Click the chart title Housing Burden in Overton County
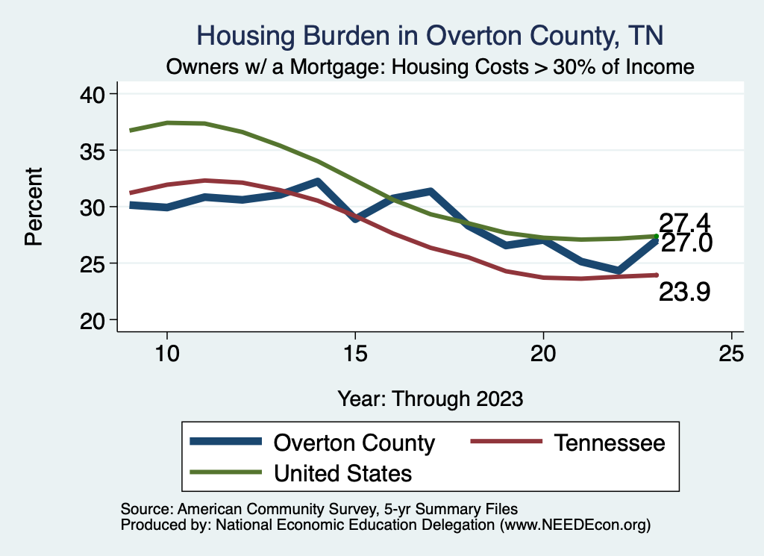click(x=429, y=35)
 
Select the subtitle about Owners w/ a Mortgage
click(x=430, y=66)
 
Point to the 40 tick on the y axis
click(x=95, y=94)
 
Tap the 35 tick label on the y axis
click(x=95, y=151)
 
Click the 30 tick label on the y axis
click(x=95, y=207)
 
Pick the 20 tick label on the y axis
click(x=95, y=320)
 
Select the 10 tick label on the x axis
click(x=166, y=353)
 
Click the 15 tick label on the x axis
click(x=355, y=353)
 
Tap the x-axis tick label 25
click(x=731, y=353)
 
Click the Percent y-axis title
click(x=34, y=207)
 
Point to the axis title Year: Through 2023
click(x=430, y=398)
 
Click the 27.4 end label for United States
click(x=683, y=222)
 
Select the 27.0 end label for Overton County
click(x=686, y=243)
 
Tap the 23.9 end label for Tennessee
click(x=683, y=293)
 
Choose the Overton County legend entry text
click(x=354, y=443)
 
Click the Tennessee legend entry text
click(x=610, y=443)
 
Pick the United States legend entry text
click(x=343, y=472)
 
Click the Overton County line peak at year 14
click(x=317, y=181)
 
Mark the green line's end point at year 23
click(x=656, y=236)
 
